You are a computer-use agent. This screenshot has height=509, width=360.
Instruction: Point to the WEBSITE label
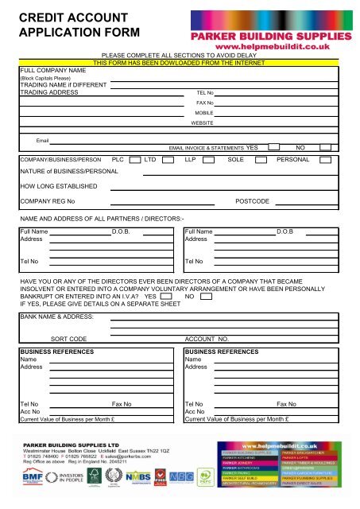coord(202,123)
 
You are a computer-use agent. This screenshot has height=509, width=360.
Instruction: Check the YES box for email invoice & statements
coord(273,147)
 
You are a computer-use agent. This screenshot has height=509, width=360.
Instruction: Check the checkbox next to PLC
coord(136,160)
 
